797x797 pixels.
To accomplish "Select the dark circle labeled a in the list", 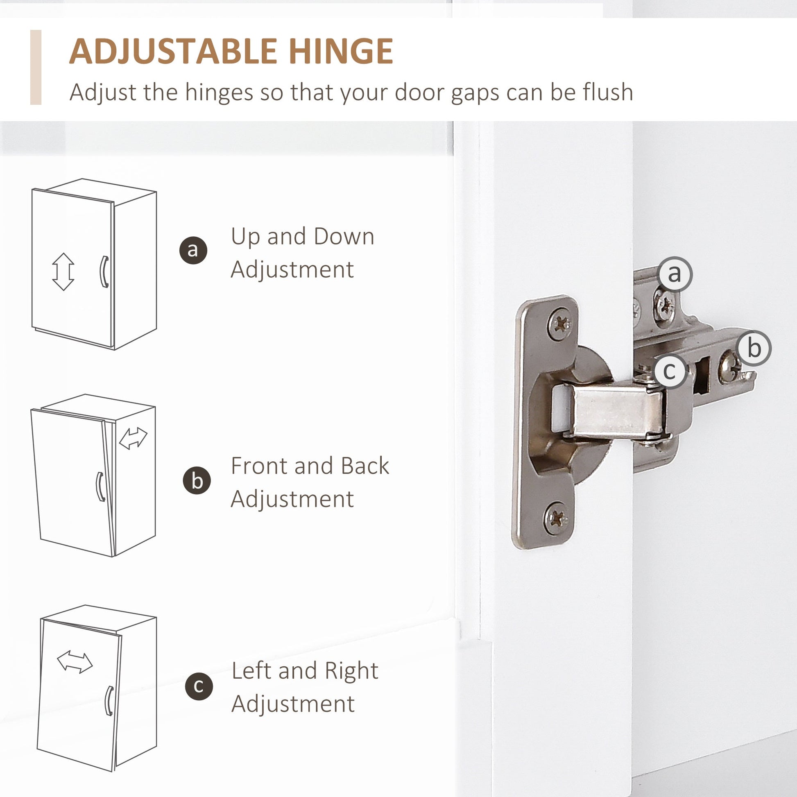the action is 193,250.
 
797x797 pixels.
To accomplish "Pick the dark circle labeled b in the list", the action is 197,480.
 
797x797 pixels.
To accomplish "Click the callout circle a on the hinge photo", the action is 675,274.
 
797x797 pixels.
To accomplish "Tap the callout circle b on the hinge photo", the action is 754,348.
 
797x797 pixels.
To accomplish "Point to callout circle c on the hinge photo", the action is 669,371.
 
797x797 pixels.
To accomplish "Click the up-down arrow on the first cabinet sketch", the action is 63,272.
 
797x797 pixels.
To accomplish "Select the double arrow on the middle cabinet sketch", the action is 133,438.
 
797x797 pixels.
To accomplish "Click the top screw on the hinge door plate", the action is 560,324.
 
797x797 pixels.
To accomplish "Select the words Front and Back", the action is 310,466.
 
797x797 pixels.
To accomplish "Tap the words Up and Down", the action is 302,237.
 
